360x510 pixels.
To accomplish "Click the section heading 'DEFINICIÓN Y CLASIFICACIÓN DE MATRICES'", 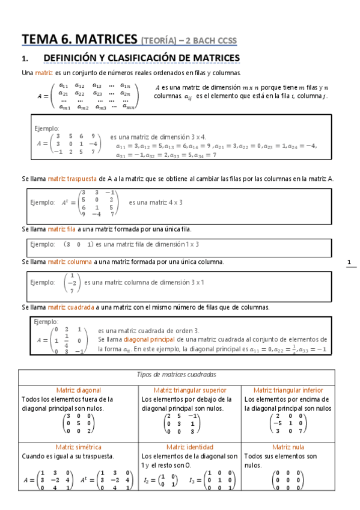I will click(x=142, y=58).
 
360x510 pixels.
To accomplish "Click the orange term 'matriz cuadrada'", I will click(x=70, y=307).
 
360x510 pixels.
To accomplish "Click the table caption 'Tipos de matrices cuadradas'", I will click(x=177, y=374).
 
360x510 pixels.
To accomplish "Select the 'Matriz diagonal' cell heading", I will click(x=79, y=390).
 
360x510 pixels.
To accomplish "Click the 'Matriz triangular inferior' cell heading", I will click(x=288, y=390).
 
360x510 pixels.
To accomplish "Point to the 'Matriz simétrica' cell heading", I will click(x=79, y=447).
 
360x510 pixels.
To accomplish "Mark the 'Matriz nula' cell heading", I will click(x=288, y=447).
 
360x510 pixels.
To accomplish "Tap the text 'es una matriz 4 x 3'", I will click(x=156, y=203).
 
